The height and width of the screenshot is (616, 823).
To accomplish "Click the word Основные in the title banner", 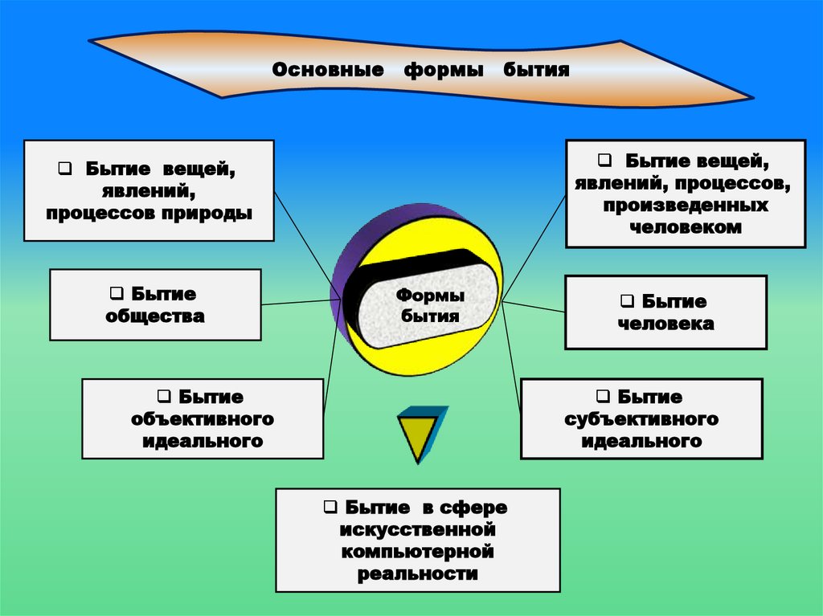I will point(326,71).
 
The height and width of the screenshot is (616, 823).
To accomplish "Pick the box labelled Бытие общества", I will point(155,305).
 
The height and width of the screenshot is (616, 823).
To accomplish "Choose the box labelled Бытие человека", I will point(665,312).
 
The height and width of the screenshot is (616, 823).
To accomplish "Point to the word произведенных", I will point(686,206).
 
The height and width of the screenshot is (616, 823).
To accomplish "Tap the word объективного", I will point(203,419).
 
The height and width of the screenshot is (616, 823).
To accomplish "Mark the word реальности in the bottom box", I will point(418,574).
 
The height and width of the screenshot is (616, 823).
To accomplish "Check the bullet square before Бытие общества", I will point(116,294).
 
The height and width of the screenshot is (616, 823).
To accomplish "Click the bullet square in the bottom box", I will point(330,508).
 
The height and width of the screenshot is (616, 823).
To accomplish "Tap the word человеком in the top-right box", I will point(686,227).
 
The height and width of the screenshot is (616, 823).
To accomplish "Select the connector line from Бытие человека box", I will point(534,307).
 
